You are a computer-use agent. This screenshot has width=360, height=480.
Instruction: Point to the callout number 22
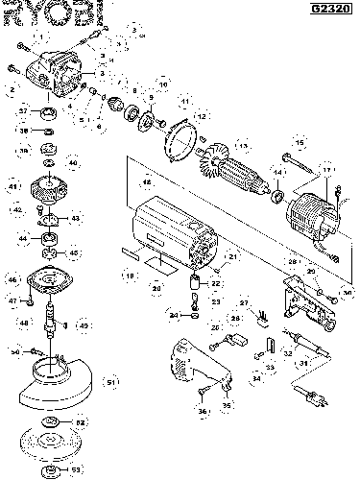[216, 283]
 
